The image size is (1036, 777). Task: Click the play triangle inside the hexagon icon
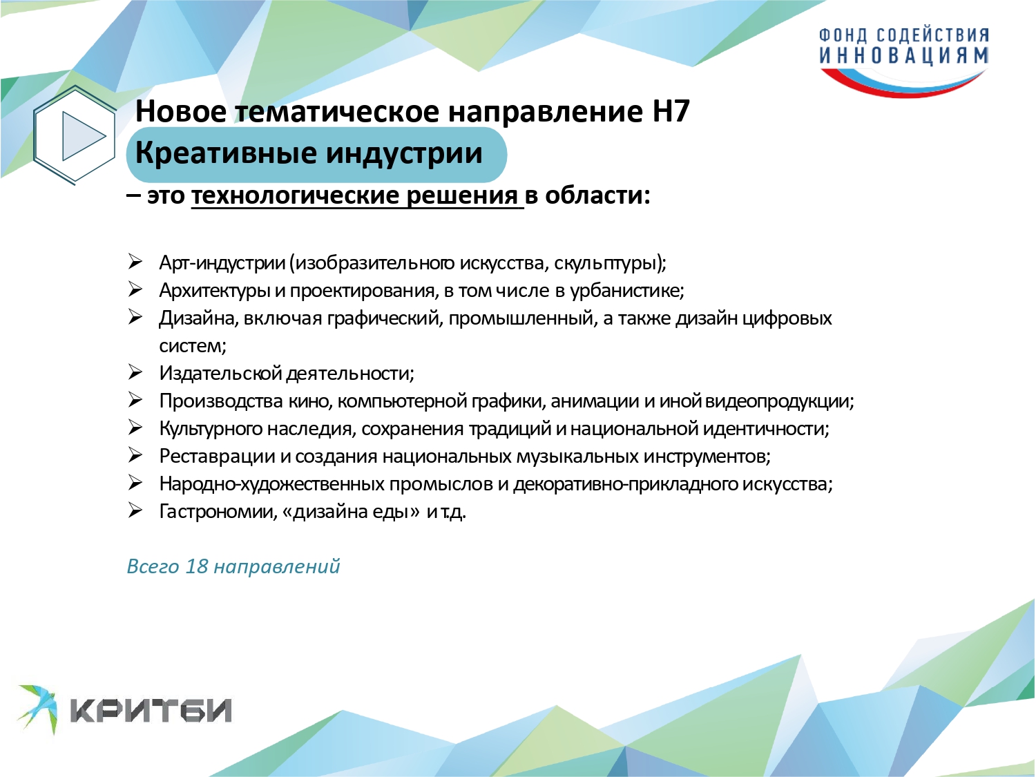click(x=80, y=136)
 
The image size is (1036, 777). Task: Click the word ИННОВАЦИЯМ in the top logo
click(x=904, y=56)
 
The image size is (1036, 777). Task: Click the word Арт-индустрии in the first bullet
click(x=222, y=262)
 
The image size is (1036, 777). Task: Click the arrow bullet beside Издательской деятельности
click(x=135, y=373)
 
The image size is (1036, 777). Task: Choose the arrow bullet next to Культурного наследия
click(x=135, y=428)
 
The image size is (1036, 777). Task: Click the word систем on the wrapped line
click(x=193, y=346)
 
